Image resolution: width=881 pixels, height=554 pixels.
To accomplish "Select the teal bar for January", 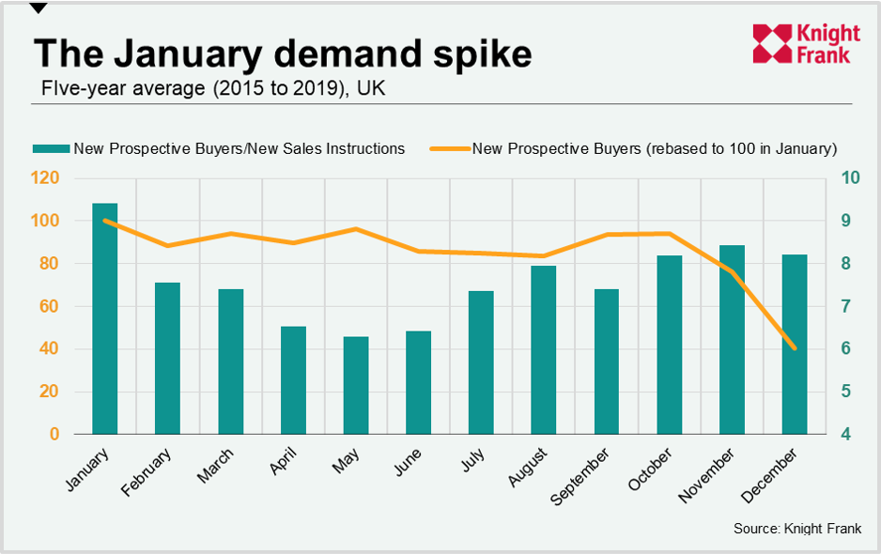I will coord(105,318).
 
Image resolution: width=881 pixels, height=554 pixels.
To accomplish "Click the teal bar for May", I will coord(356,385).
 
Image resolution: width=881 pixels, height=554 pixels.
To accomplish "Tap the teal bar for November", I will coord(732,340).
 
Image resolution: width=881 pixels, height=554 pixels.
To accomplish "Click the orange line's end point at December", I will coord(795,348).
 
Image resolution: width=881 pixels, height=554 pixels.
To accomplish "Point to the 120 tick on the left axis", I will coord(46,178).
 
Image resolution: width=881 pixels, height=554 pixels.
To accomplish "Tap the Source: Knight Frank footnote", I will coord(796,529).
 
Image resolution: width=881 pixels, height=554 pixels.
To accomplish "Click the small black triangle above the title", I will coord(39,8).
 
